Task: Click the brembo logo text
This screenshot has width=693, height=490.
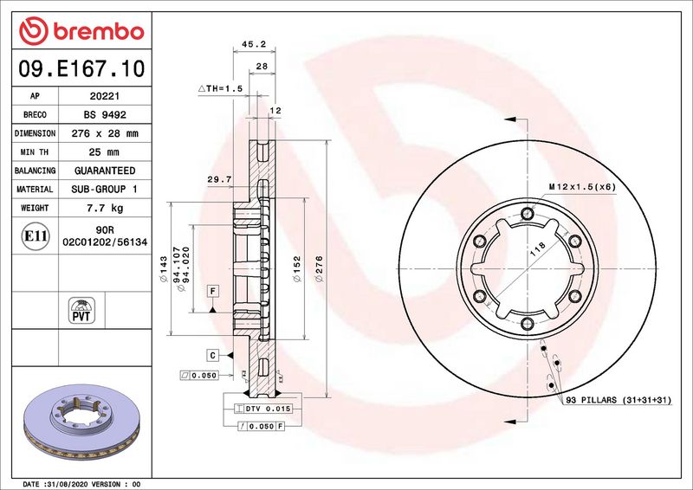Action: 99,32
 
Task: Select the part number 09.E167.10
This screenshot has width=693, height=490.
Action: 81,68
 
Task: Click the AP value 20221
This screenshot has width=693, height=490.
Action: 105,96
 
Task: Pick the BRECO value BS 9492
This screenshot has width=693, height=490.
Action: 105,115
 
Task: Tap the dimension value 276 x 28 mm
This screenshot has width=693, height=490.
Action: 105,133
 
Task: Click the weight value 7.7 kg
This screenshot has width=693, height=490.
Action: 105,208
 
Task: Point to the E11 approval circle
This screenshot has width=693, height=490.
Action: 35,236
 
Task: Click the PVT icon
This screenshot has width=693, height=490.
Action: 81,310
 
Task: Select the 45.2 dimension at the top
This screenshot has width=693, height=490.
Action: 254,44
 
